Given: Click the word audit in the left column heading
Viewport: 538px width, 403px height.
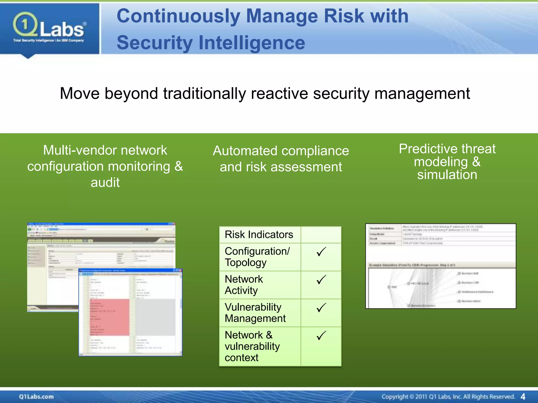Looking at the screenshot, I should coord(105,183).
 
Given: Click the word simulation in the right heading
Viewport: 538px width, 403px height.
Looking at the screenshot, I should coord(447,175).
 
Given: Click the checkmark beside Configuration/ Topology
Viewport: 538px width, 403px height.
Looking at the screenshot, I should coord(321,252).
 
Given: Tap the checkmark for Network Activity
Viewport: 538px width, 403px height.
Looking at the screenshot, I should coord(321,280).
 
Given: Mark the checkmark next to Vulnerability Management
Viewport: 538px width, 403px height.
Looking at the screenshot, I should coord(321,308).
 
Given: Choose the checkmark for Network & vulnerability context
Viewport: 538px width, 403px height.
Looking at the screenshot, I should coord(321,336).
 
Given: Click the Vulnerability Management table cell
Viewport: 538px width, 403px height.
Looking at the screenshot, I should coord(255,313).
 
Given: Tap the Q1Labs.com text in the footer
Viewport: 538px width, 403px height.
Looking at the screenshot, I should coord(36,397).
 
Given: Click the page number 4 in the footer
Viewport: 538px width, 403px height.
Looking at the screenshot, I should coord(523,397).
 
